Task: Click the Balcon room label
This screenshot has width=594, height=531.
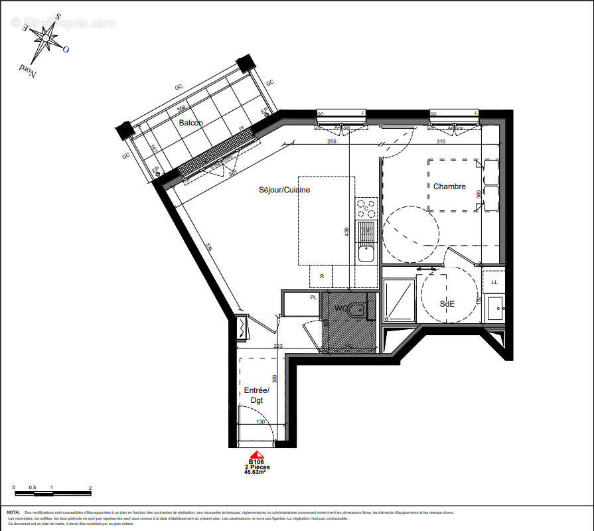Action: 190,123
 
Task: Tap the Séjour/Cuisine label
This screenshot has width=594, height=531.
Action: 284,189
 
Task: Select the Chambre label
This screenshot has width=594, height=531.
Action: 449,187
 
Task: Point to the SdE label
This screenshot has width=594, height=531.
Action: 447,303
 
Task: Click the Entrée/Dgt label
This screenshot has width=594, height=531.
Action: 256,396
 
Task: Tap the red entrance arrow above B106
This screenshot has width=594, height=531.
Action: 256,453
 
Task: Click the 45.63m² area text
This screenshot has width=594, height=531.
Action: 256,473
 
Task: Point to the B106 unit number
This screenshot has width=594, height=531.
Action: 256,461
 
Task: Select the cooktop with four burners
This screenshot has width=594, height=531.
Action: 366,208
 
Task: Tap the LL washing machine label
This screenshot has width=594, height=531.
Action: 494,282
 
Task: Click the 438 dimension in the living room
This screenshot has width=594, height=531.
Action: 346,231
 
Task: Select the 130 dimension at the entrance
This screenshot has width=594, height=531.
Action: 260,422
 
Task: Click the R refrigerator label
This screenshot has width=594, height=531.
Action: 322,275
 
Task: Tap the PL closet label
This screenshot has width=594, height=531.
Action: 313,297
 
